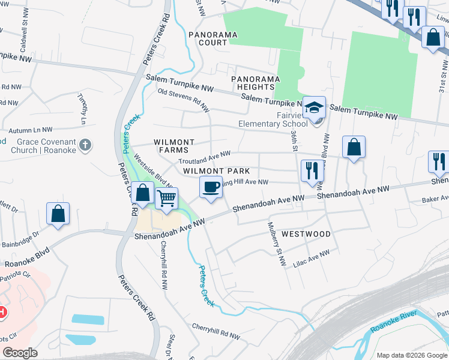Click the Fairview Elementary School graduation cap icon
(x=314, y=108)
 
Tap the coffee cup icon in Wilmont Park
(x=211, y=187)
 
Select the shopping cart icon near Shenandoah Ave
(x=167, y=197)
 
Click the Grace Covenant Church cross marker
(x=86, y=145)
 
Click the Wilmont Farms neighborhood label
(x=174, y=146)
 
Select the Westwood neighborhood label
(x=306, y=233)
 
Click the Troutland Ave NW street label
(x=205, y=158)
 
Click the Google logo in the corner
(x=20, y=353)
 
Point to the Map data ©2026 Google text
(x=411, y=355)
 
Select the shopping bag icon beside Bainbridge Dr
(x=58, y=214)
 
